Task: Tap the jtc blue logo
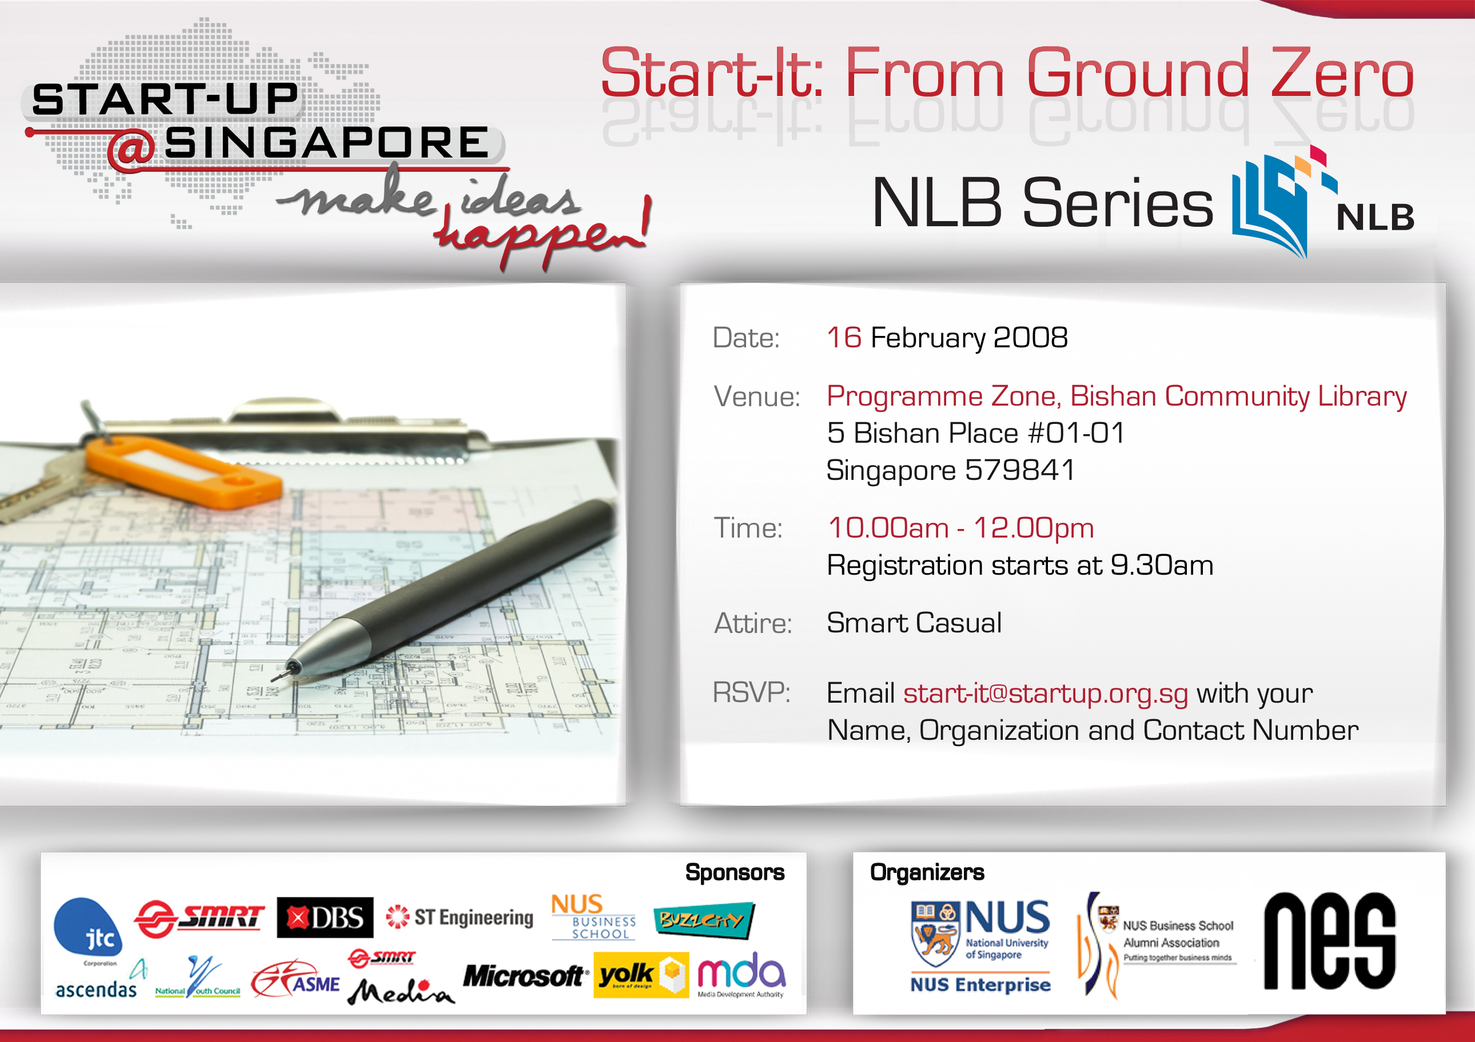pos(89,928)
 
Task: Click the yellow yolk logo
pos(640,975)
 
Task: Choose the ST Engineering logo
pos(460,917)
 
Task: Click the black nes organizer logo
pos(1329,941)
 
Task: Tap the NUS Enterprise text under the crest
pos(980,984)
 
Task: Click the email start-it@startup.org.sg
pos(1045,694)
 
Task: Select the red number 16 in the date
pos(843,337)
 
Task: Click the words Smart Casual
pos(914,623)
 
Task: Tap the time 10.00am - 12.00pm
pos(960,528)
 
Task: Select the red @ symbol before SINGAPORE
pos(131,149)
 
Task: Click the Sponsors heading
pos(734,872)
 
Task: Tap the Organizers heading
pos(926,872)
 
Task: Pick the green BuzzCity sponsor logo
pos(703,921)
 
